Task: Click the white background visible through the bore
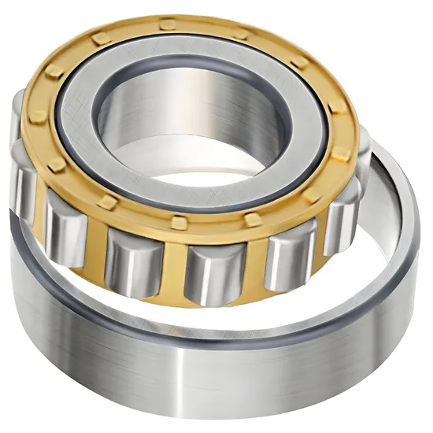pos(201,169)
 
